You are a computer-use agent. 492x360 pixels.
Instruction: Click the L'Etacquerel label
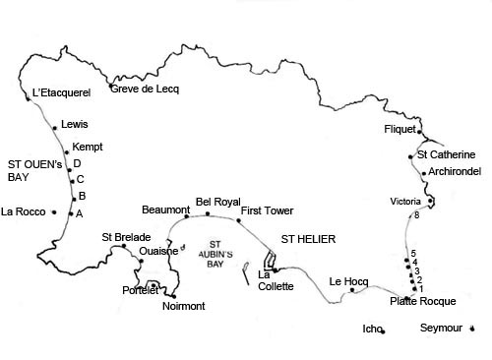pyautogui.click(x=61, y=92)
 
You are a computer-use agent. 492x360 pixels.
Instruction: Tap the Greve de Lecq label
pyautogui.click(x=144, y=89)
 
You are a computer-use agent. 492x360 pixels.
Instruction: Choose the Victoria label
pyautogui.click(x=404, y=202)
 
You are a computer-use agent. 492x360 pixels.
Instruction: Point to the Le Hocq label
pyautogui.click(x=348, y=280)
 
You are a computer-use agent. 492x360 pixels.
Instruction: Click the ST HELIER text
pyautogui.click(x=309, y=239)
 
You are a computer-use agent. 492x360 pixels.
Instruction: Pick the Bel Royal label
pyautogui.click(x=217, y=200)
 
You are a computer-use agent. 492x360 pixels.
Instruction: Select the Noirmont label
pyautogui.click(x=183, y=306)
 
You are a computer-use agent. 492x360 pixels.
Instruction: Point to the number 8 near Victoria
pyautogui.click(x=416, y=215)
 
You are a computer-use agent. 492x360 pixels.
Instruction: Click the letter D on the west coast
pyautogui.click(x=77, y=163)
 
